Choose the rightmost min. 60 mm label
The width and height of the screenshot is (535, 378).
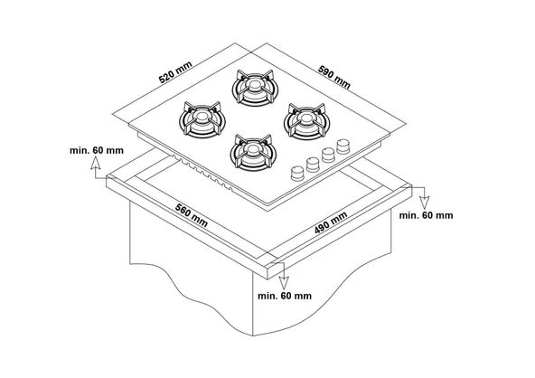pos(424,215)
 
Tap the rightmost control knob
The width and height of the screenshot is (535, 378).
pos(343,146)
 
